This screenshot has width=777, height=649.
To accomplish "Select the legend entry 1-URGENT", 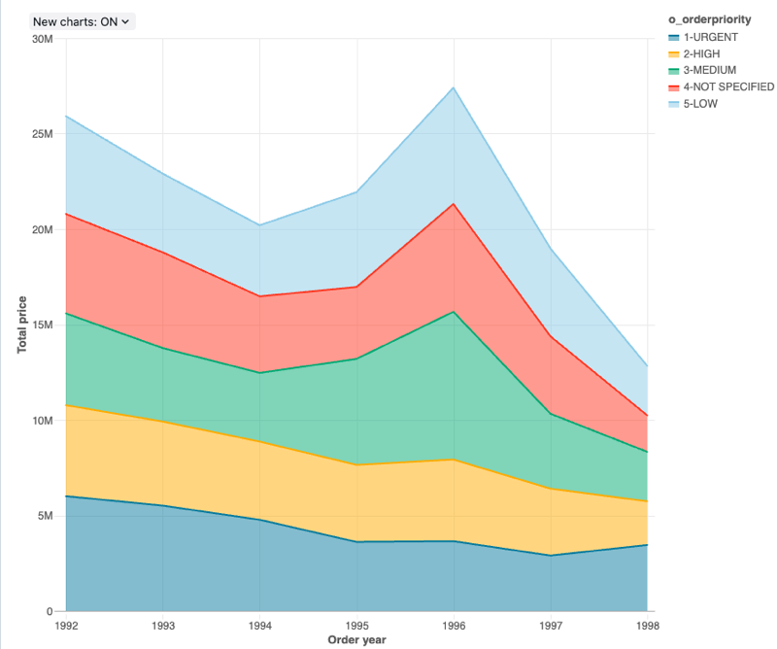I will (x=703, y=37).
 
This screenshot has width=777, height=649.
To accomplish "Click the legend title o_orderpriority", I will (x=709, y=19).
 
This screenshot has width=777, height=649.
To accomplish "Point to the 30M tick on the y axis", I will (x=42, y=39).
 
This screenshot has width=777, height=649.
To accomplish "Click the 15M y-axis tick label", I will (x=42, y=325).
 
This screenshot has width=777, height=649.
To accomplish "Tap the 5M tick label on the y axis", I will (x=45, y=516).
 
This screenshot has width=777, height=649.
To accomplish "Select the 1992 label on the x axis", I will (x=67, y=627).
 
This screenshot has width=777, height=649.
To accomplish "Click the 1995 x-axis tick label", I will (x=356, y=627).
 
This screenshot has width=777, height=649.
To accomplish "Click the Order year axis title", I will (x=356, y=640).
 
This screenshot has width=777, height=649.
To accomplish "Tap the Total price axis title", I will (x=21, y=325).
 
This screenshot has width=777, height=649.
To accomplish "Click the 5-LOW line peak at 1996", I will (x=454, y=87).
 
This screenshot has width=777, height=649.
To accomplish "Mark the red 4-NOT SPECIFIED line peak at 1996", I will (x=454, y=204).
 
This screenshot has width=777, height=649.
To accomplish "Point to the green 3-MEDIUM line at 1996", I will (x=454, y=312).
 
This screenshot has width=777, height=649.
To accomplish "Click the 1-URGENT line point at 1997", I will (x=550, y=556).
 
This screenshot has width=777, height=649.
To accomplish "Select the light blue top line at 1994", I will (x=260, y=225).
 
